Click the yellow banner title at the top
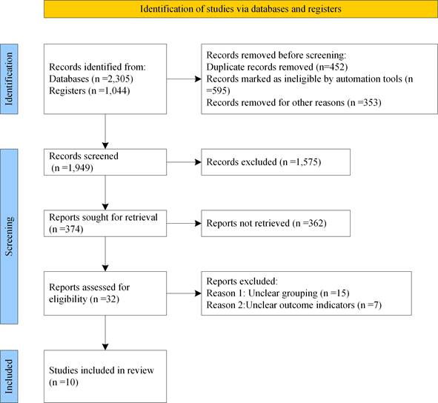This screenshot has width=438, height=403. coord(241,9)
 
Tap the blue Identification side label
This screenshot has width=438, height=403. coord(9,79)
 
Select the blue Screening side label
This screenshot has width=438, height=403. coord(9,236)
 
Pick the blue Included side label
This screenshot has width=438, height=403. coord(9,376)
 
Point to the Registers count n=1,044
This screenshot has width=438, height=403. coord(109,91)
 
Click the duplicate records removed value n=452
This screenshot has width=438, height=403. coord(332,67)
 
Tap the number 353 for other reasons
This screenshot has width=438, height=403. coord(373,102)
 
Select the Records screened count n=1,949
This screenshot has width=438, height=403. coord(73,168)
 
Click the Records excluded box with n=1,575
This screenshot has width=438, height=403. coord(276,162)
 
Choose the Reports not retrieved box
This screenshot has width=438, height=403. coord(276,224)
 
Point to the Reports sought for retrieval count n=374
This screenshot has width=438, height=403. coord(66,230)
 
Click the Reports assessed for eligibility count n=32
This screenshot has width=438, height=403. coord(104,299)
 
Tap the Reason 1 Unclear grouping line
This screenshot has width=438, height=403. coord(278,293)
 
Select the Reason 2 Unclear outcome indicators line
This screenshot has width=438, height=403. coord(294,305)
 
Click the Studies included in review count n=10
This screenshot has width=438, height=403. coord(64,382)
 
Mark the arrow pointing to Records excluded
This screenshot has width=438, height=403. coord(184,162)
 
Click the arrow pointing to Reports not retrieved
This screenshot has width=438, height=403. coord(184,224)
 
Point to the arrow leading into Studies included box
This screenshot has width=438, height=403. coord(105,333)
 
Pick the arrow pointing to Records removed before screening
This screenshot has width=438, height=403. coord(184,79)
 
